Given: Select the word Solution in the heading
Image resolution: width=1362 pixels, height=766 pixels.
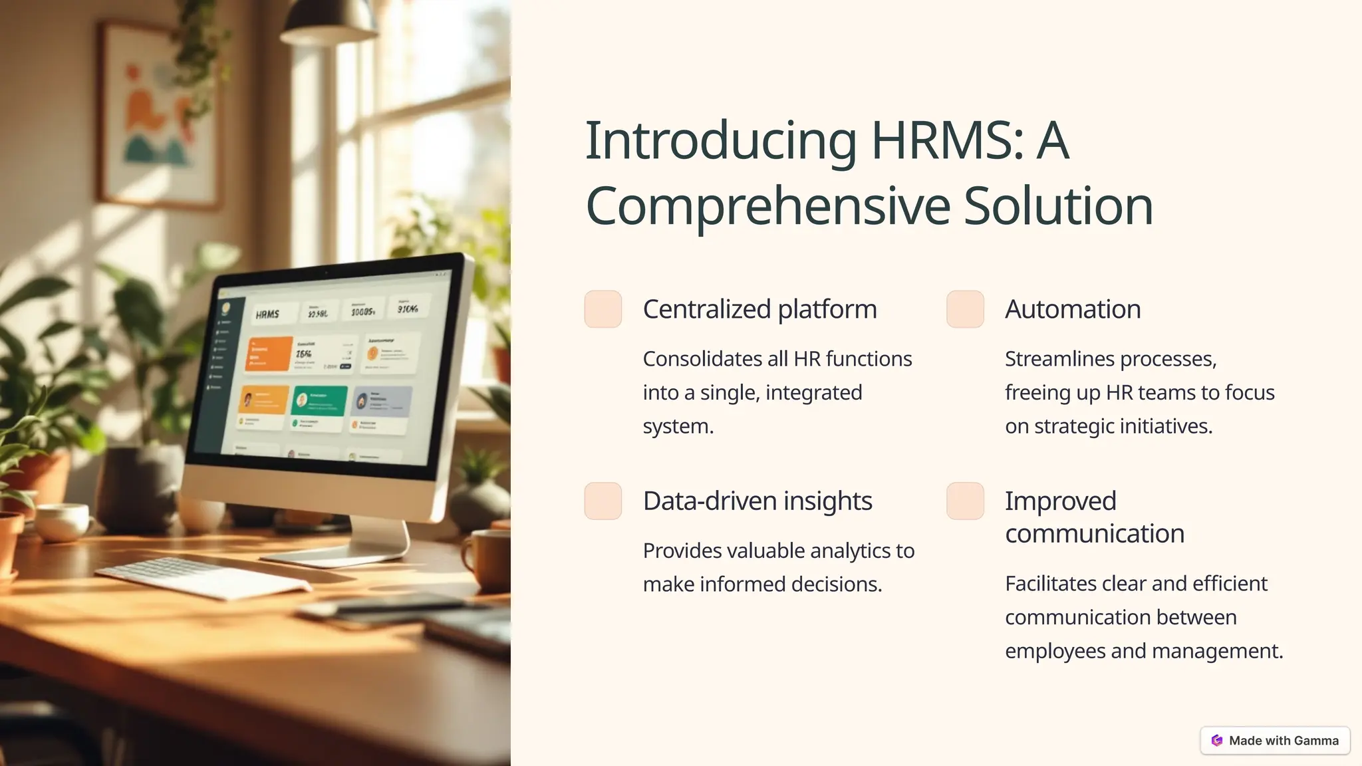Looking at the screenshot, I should (1058, 206).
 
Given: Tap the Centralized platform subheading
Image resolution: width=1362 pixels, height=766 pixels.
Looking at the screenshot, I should (759, 309).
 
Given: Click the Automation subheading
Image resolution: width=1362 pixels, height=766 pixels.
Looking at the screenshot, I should (1073, 309).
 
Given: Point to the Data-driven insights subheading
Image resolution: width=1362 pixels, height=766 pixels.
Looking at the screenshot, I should (757, 501).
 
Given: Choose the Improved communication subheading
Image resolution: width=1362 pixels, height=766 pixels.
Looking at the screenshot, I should (1094, 517).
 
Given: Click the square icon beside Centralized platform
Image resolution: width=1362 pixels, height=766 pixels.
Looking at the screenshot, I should (603, 309).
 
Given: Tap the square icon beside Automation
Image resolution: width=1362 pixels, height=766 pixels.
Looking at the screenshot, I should (965, 309).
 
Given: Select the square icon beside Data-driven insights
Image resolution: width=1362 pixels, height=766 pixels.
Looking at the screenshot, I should (603, 501).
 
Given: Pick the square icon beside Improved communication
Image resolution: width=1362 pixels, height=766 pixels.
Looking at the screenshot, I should (965, 501).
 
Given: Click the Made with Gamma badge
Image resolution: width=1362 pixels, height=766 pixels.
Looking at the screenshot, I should (1275, 740).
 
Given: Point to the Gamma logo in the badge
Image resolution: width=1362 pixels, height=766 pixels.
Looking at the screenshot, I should (1217, 740).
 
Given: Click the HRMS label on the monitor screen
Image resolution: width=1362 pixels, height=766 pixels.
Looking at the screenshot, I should (267, 315).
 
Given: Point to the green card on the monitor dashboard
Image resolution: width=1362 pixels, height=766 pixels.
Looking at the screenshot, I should (320, 400).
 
